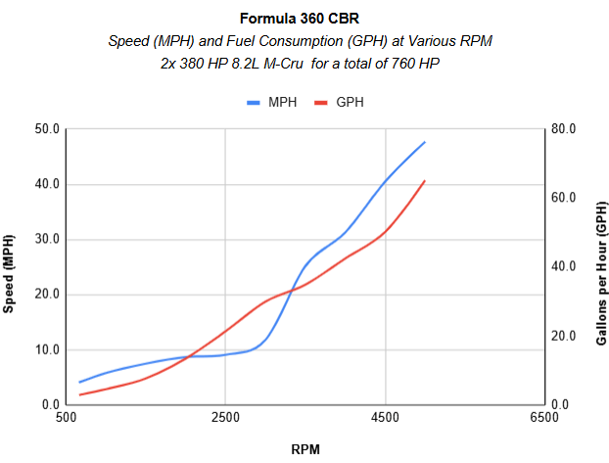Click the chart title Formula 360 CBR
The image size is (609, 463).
[304, 19]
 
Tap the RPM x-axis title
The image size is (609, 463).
[304, 449]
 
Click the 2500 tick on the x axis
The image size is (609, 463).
[225, 418]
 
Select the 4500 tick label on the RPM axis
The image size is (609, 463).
[385, 418]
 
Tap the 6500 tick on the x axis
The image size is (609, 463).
[543, 418]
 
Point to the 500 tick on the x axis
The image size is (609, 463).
[67, 418]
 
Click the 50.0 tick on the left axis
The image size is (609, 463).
[47, 128]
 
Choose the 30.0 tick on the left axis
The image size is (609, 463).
[47, 239]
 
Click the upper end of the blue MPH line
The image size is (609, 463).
[425, 142]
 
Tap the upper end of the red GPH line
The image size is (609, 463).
[425, 180]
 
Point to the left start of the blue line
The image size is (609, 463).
[79, 382]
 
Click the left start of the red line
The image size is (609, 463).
[79, 394]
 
